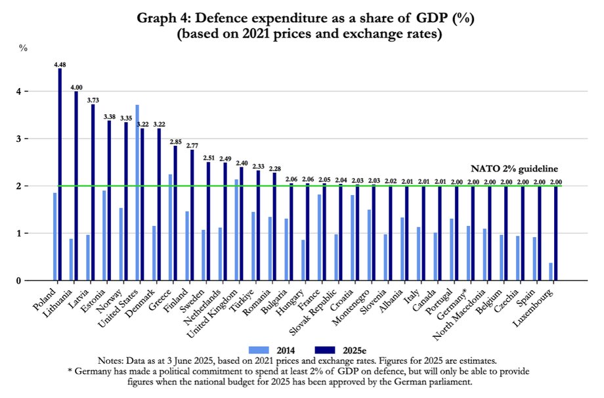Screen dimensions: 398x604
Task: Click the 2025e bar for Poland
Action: click(x=60, y=175)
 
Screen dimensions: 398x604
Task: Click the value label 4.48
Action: click(x=60, y=64)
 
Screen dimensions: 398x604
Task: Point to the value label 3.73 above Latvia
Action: click(x=93, y=100)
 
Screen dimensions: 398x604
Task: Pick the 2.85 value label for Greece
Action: click(x=175, y=141)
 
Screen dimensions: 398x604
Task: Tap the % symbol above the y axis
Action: click(x=24, y=48)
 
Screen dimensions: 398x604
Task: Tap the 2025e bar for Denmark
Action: click(x=159, y=204)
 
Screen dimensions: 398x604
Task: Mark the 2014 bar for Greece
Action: click(x=170, y=227)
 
